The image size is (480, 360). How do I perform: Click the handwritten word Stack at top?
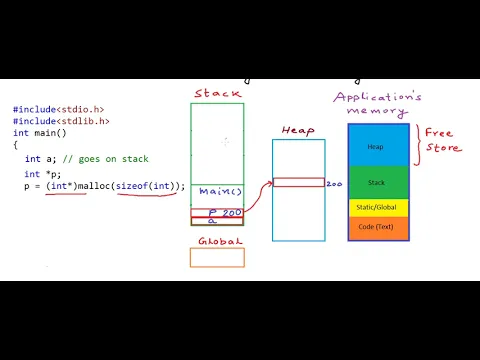216,94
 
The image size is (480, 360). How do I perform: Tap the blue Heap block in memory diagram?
378,145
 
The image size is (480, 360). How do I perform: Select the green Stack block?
378,183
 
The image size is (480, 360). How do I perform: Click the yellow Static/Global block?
378,208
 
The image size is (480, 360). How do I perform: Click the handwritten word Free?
441,132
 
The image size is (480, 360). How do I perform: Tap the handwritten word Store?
444,148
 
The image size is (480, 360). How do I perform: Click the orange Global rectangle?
217,257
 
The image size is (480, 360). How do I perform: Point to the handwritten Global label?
217,241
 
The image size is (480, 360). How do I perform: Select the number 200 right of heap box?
334,184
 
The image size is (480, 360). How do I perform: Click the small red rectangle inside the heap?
298,182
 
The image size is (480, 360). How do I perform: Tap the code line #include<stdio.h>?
58,109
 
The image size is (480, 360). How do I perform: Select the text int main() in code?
35,132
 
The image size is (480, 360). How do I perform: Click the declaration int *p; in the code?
39,174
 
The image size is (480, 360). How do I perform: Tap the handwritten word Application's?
378,96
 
